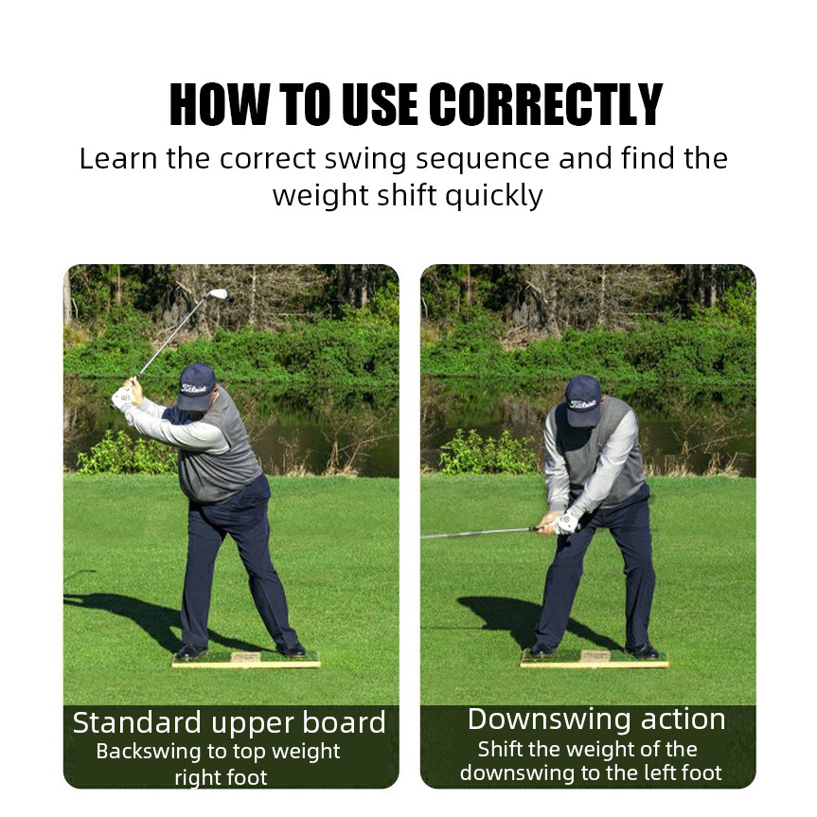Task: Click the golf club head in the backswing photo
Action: point(218,293)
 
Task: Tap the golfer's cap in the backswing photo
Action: point(196,386)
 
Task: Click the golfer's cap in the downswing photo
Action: point(583,400)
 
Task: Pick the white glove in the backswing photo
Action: point(123,398)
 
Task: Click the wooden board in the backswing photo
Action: point(246,660)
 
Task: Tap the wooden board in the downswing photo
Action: point(595,659)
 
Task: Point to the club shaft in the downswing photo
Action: point(478,533)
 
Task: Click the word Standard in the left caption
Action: point(137,722)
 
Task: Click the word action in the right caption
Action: point(684,719)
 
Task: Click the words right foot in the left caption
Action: point(221,777)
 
